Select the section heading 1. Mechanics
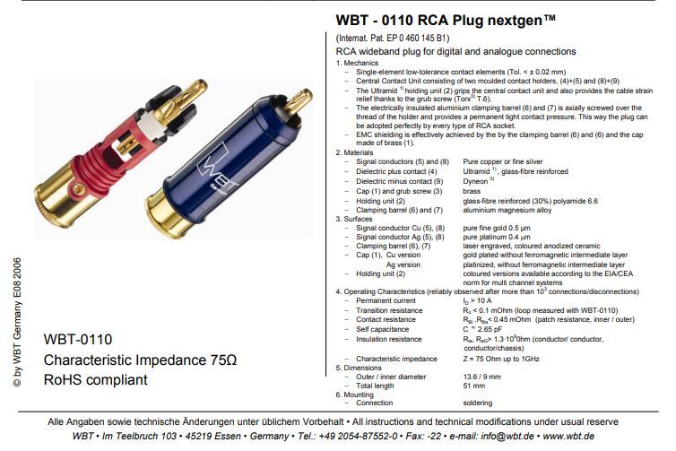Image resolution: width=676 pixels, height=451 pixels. [359, 63]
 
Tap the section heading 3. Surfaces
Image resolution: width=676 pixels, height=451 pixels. [357, 218]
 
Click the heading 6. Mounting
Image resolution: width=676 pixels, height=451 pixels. [358, 394]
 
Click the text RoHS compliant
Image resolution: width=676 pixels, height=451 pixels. [95, 380]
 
